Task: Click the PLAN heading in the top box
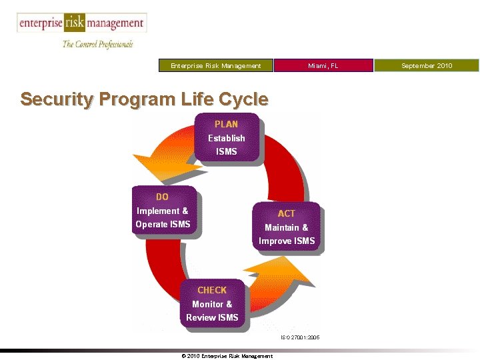226,124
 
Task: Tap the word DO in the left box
162,197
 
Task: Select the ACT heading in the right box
286,213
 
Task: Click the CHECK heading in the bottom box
212,290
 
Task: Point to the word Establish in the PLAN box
227,138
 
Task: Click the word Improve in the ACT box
273,241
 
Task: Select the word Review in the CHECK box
200,317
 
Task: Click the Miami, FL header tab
323,65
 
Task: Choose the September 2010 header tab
427,65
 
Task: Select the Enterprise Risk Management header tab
216,65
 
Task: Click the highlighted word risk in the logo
74,23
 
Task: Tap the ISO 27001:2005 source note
299,338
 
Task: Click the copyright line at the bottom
227,356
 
